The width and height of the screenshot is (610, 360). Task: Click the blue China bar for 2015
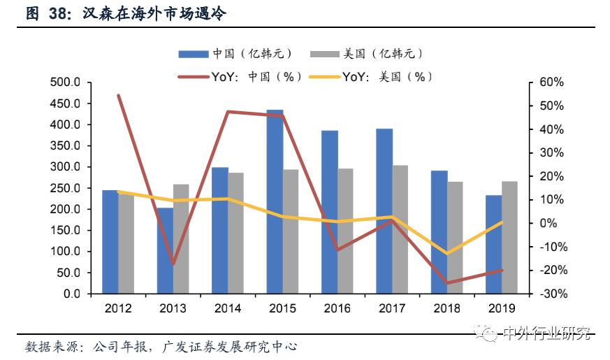pos(275,202)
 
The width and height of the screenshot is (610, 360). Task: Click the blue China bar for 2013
pos(165,250)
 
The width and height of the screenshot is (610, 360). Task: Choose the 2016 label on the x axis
pos(337,308)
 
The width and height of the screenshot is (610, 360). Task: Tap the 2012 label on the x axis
pos(118,308)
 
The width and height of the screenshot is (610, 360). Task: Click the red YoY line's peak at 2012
pos(118,95)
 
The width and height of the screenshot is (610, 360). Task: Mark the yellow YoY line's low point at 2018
pos(447,253)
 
